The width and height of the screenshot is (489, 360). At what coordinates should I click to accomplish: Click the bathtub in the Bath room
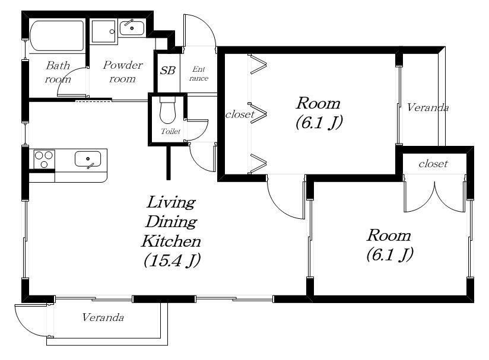(x=58, y=36)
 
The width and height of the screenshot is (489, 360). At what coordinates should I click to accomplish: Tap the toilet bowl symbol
(x=167, y=110)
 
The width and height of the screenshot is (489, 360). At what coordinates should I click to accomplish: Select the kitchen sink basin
(x=88, y=159)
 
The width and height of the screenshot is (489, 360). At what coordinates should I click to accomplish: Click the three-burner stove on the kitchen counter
(x=44, y=159)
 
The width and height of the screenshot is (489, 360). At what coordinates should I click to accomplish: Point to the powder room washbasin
(x=132, y=28)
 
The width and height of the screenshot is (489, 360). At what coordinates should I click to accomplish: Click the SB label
(x=167, y=71)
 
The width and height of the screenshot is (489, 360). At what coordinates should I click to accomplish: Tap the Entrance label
(x=199, y=74)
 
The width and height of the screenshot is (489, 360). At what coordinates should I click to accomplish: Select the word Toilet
(x=170, y=131)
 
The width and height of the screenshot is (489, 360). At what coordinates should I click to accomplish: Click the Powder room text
(x=123, y=72)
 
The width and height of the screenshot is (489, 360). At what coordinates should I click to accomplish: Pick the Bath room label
(x=58, y=72)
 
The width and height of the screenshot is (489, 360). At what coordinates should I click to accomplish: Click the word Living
(x=171, y=203)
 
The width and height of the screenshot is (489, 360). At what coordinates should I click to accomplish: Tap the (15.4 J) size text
(x=172, y=260)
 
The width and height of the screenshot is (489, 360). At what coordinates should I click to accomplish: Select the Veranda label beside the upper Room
(x=428, y=107)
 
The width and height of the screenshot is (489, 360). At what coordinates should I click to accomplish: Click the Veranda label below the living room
(x=103, y=317)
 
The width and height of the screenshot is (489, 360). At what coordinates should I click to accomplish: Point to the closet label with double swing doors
(x=433, y=164)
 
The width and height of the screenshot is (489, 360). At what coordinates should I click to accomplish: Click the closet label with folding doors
(x=240, y=114)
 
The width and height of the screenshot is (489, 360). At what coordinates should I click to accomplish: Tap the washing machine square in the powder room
(x=104, y=31)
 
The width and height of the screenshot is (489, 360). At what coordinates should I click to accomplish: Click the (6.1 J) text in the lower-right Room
(x=390, y=254)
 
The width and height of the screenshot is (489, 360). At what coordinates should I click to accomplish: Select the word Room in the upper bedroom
(x=318, y=103)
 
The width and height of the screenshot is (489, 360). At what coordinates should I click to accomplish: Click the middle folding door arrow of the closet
(x=258, y=114)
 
